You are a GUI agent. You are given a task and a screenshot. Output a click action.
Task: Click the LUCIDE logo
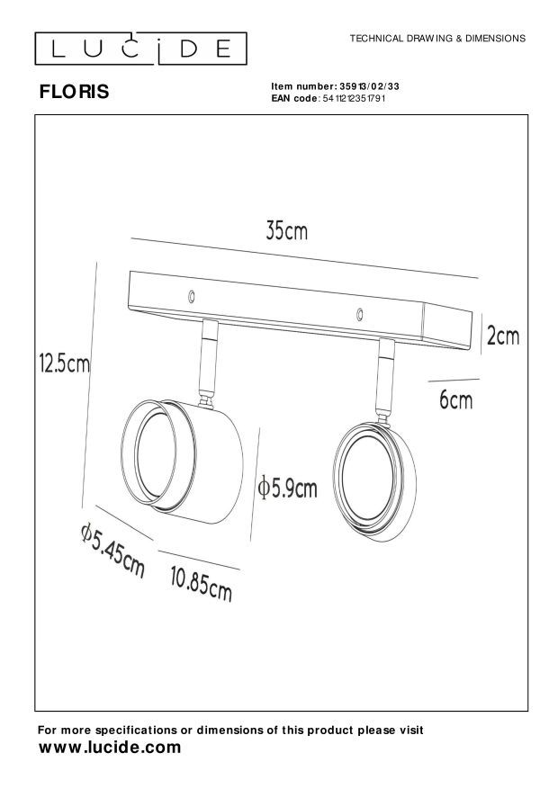coord(141,49)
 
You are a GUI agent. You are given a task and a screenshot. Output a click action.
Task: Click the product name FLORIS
coord(74,92)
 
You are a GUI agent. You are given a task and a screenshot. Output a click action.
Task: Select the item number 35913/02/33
coord(369,86)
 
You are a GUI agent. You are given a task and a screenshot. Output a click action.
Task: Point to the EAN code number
coord(354,98)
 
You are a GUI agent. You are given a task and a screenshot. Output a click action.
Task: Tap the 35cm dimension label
coord(286,231)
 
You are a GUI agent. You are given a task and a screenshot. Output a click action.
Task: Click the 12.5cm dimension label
coord(65,363)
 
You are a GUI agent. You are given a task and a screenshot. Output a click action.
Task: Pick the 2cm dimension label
coord(503,336)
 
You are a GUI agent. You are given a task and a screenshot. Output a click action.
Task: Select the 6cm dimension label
coord(456,400)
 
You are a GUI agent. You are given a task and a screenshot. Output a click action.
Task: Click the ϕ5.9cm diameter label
coord(287,489)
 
